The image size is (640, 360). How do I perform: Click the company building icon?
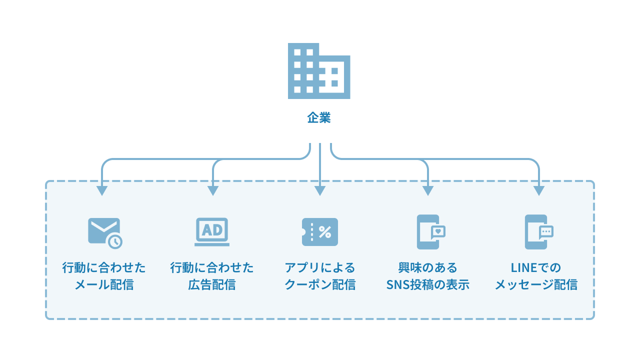318,71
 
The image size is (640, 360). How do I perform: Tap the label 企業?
319,118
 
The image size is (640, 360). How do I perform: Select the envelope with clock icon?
104,232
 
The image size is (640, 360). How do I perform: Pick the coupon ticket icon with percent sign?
320,232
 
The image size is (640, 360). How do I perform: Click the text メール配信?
104,285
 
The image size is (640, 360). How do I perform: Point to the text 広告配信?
212,285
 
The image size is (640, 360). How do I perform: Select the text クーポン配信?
320,285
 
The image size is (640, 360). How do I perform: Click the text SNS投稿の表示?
428,285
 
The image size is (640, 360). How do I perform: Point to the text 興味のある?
428,267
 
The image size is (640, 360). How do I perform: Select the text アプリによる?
320,267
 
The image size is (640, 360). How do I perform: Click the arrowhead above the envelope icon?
102,191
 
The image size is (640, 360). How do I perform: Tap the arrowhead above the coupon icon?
320,191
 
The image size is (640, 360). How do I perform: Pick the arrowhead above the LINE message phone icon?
538,191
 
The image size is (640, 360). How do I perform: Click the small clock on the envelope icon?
115,241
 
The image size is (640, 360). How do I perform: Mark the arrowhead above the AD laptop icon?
213,191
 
